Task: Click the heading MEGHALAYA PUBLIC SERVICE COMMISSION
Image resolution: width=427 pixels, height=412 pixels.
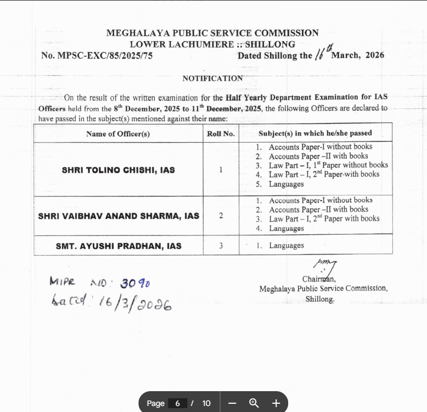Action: tap(212, 33)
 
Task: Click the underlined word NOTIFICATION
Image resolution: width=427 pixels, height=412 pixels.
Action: tap(212, 78)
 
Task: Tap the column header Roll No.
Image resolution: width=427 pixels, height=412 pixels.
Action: tap(221, 133)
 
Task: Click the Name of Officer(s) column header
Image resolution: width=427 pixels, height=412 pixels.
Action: tap(118, 133)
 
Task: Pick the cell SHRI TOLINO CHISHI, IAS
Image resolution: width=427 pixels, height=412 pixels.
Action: tap(118, 170)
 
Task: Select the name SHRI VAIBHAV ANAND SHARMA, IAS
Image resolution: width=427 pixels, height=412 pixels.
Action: tap(119, 216)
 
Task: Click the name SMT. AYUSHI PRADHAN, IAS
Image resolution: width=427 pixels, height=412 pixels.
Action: tap(119, 246)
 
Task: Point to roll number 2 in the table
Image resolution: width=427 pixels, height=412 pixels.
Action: tap(221, 216)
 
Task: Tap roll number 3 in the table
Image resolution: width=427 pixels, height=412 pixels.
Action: tap(221, 246)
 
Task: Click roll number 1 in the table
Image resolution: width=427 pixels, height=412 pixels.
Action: tap(221, 170)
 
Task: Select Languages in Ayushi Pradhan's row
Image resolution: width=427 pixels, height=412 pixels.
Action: tap(286, 246)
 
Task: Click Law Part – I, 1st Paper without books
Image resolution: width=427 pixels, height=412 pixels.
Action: tap(328, 165)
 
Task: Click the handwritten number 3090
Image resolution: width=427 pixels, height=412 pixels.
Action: tap(135, 283)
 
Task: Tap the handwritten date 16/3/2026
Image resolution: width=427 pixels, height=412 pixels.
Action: tap(134, 304)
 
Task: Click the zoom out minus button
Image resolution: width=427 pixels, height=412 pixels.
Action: tap(232, 403)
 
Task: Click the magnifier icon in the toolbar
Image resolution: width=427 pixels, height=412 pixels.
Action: tap(254, 403)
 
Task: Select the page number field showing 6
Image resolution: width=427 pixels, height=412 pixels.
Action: tap(177, 403)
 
